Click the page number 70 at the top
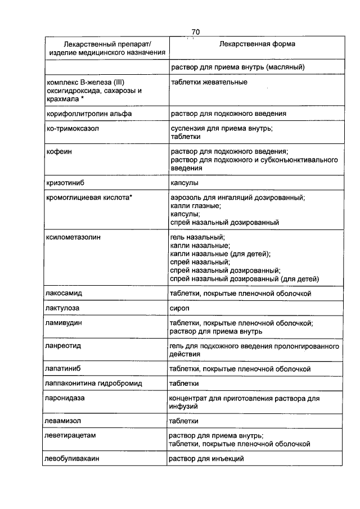(195, 31)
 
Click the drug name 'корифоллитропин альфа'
(89, 114)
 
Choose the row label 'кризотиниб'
(65, 183)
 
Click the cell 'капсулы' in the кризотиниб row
(184, 183)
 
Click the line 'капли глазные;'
(195, 206)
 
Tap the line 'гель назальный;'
(197, 237)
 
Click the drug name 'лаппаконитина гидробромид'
(93, 384)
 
